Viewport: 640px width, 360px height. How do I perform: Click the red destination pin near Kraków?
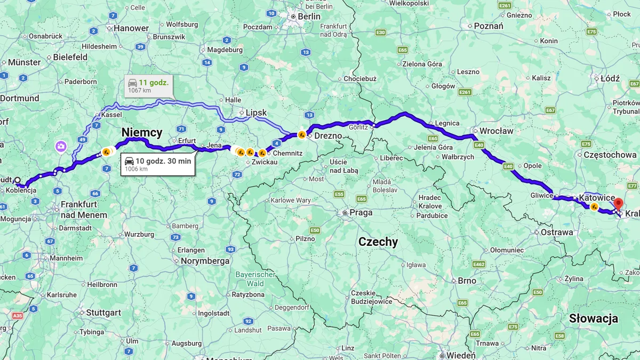coord(618,204)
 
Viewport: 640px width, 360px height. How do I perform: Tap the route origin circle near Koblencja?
coord(18,180)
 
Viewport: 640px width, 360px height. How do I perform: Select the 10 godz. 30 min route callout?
coord(158,164)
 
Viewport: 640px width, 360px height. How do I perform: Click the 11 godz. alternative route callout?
coord(148,85)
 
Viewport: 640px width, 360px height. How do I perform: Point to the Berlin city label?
coord(309,17)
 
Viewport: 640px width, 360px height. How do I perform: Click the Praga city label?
coord(361,212)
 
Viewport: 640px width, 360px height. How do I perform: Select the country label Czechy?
coord(378,242)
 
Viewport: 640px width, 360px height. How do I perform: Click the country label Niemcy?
coord(142,132)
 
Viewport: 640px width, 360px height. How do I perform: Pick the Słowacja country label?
coord(593,318)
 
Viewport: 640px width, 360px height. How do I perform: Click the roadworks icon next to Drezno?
coord(302,135)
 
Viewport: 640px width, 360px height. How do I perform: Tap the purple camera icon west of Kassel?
coord(61,146)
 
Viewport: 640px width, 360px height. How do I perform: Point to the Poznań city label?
coord(488,26)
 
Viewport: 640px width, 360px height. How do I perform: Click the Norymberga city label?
coord(205,261)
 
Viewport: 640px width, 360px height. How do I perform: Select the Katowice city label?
coord(596,198)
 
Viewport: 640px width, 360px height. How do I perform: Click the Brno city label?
coord(466,281)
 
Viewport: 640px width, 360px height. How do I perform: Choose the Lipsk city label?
coord(255,113)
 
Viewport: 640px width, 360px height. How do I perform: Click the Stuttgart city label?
coord(103,313)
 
